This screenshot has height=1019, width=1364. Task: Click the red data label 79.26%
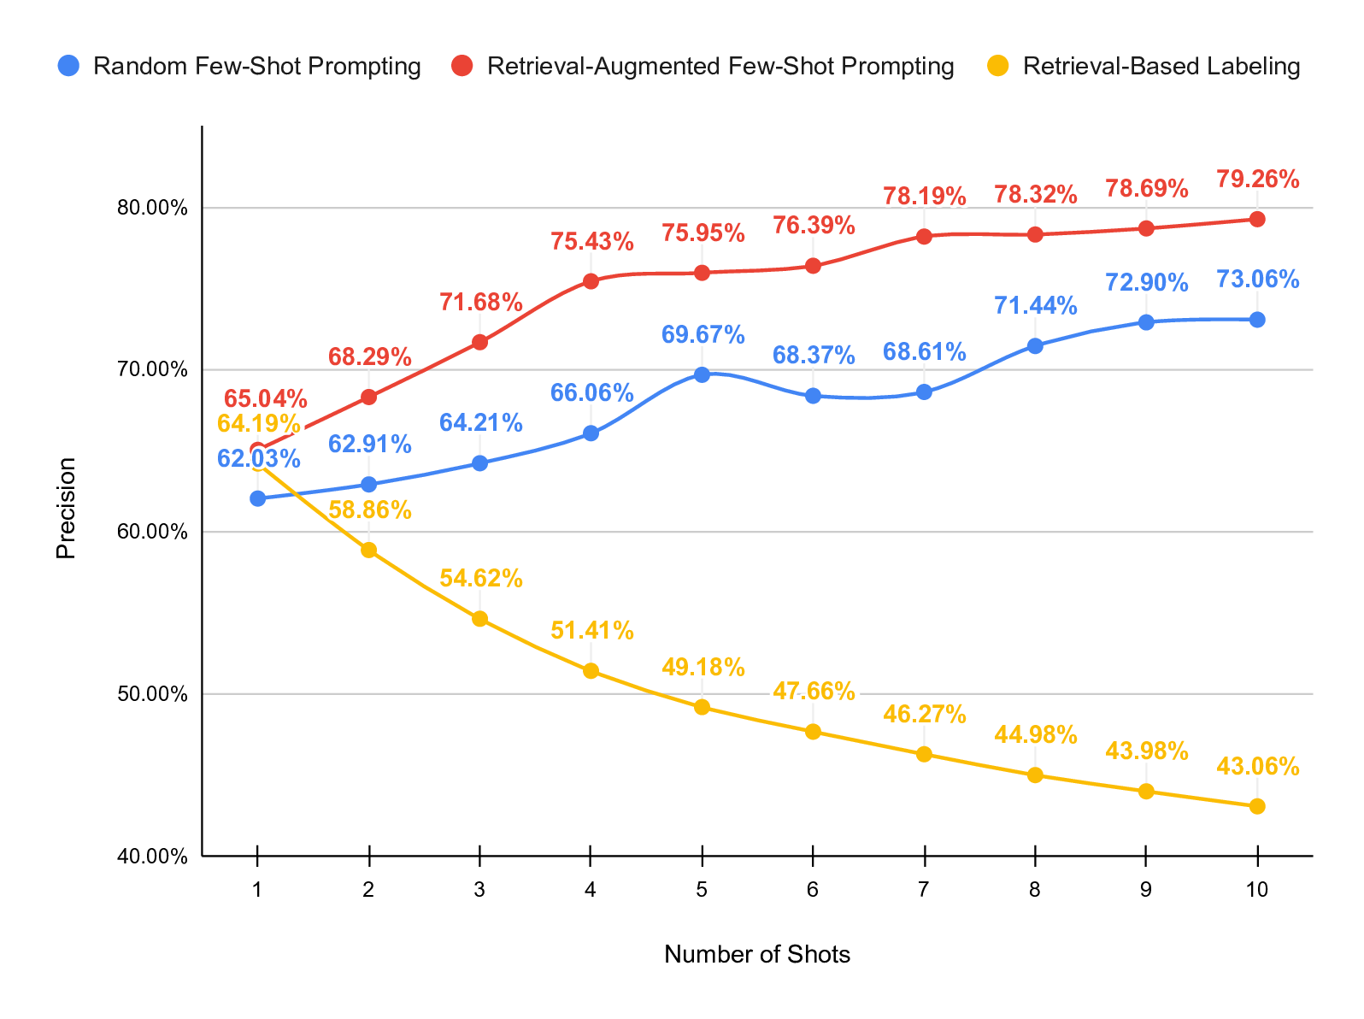(1257, 180)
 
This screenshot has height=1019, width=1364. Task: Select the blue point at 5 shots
(702, 374)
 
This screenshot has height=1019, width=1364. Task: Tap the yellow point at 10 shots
(1257, 806)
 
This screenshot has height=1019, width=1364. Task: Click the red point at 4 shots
(591, 281)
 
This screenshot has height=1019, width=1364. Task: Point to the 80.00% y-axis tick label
(152, 208)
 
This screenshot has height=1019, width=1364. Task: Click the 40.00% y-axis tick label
(152, 856)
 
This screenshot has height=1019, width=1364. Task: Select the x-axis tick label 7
(924, 890)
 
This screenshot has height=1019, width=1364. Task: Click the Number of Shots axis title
(757, 955)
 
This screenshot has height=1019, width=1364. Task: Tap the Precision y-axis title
(66, 508)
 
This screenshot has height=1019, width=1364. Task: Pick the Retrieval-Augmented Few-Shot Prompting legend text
(720, 67)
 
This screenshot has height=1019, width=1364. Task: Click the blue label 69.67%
(703, 334)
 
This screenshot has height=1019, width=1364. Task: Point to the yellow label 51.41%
(591, 631)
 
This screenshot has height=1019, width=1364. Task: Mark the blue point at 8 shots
(1035, 346)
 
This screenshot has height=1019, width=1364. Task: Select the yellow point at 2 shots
(368, 550)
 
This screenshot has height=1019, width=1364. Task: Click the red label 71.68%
(480, 302)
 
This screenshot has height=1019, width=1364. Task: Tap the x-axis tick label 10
(1257, 890)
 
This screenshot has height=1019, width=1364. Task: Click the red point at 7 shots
(924, 237)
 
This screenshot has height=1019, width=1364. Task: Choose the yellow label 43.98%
(1146, 751)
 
